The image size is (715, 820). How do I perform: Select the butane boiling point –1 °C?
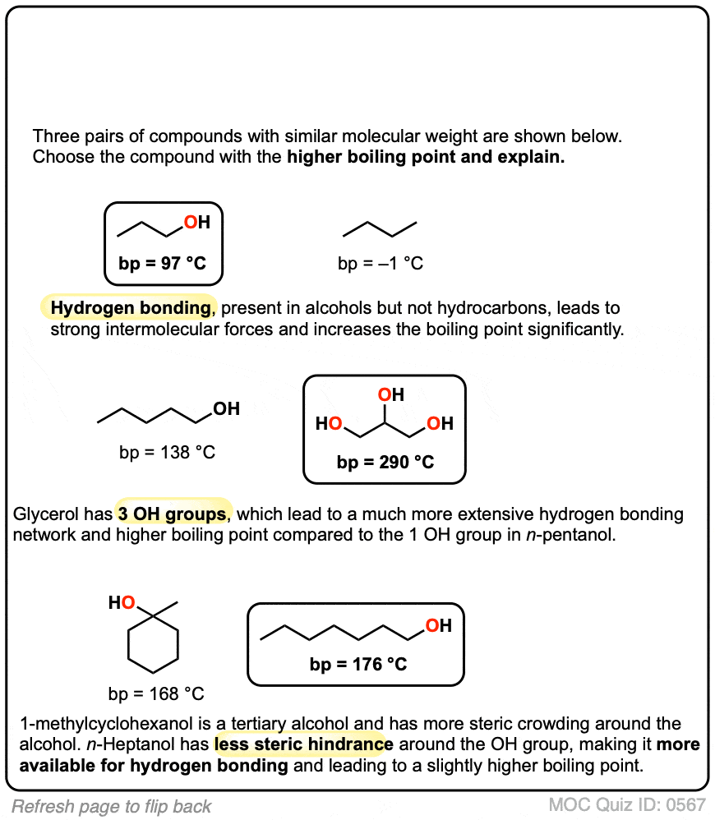coord(381,264)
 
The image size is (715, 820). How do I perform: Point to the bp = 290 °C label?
coord(385,462)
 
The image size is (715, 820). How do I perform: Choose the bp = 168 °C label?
coord(155,693)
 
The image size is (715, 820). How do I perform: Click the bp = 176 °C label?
coord(358,664)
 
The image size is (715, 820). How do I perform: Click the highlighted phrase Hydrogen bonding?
coord(130,308)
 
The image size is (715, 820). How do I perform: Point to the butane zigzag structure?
coord(380,227)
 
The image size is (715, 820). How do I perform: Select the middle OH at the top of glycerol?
coord(390,396)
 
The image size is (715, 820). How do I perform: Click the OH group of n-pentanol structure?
coord(226,408)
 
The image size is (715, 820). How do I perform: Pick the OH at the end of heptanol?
coord(438,626)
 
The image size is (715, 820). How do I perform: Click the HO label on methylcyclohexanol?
coord(122,604)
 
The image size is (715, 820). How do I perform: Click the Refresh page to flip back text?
coord(112,806)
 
